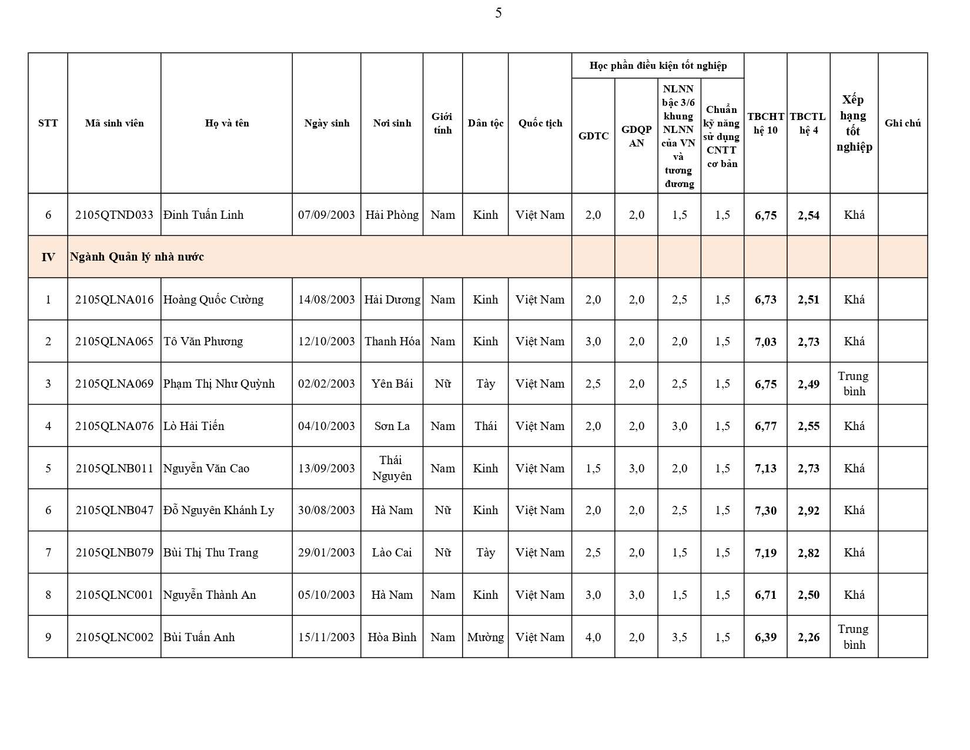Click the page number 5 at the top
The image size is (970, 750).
point(498,13)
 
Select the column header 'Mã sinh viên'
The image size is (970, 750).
point(114,123)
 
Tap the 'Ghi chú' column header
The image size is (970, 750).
point(902,123)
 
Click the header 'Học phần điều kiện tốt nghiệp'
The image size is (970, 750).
point(658,65)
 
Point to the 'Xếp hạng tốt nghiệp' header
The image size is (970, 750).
point(854,123)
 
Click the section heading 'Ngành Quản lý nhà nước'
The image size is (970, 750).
point(137,256)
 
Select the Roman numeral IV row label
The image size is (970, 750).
point(48,256)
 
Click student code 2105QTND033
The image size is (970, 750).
point(114,215)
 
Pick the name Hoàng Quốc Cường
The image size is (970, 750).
point(213,299)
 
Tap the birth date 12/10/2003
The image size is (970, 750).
point(326,341)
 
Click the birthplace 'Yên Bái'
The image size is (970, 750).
point(392,384)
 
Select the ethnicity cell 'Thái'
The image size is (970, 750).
point(486,426)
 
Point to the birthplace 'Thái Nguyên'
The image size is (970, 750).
point(392,468)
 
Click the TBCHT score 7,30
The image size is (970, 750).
point(765,511)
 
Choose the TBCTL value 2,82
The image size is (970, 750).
point(808,553)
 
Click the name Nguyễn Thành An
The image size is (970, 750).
point(210,595)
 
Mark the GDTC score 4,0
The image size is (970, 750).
point(593,637)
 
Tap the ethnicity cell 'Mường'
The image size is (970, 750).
point(486,637)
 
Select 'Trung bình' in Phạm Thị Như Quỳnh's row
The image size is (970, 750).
point(854,384)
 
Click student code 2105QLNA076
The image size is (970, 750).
point(114,426)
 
